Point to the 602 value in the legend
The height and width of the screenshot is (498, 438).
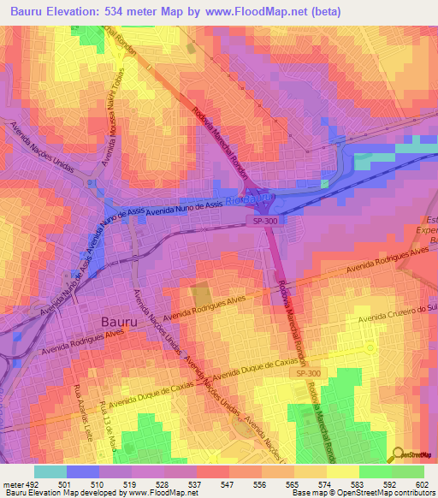click(421, 483)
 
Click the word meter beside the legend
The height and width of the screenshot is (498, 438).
click(10, 483)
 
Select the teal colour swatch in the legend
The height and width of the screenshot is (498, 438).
click(50, 471)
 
